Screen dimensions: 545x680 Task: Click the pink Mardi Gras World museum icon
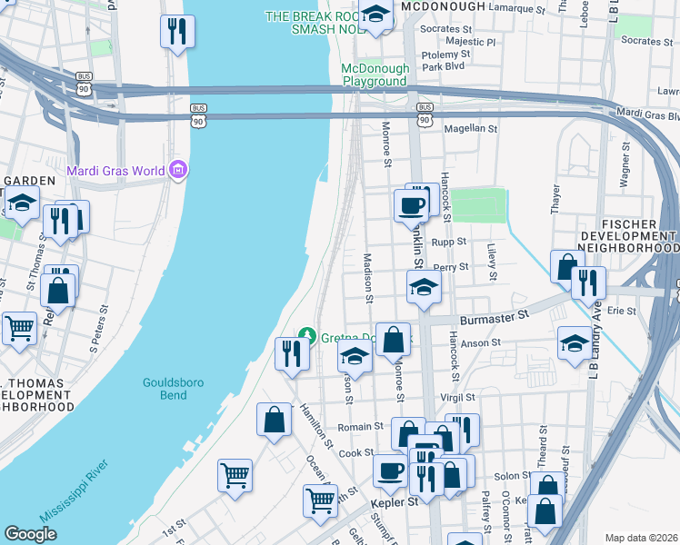(x=178, y=171)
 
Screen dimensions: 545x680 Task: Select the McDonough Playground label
(x=375, y=74)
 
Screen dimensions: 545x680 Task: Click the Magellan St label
(x=470, y=129)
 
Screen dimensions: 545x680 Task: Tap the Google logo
(x=30, y=534)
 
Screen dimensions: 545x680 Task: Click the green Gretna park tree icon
(x=307, y=337)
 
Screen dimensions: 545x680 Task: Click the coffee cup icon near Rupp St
(x=412, y=204)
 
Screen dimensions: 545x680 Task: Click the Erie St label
(x=621, y=311)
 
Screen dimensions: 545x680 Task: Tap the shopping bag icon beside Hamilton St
(x=274, y=420)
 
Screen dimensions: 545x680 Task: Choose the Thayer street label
(x=555, y=198)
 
